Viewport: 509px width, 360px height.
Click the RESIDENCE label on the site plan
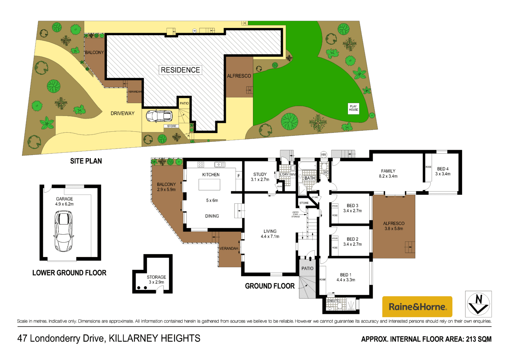coord(180,70)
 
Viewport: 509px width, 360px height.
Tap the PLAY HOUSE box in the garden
coord(353,108)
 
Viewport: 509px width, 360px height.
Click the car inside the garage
coord(63,231)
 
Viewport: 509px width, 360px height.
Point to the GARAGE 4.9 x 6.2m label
coord(64,201)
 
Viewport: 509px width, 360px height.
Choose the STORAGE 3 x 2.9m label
coord(156,280)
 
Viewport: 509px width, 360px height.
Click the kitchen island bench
coord(209,185)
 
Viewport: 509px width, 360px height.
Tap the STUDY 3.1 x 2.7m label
coord(260,177)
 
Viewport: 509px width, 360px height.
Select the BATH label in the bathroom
coord(310,178)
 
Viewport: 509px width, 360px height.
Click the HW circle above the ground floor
coord(324,155)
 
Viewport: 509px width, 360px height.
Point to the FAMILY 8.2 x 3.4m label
coord(388,173)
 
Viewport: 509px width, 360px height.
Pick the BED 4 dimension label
coord(443,171)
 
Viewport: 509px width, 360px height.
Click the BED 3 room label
coord(352,208)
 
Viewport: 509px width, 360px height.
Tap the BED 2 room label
coord(352,241)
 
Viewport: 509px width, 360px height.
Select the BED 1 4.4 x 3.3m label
coord(346,277)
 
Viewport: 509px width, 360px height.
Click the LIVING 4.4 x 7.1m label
coord(270,234)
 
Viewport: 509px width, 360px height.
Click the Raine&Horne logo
coord(417,307)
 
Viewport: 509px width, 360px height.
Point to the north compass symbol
coord(478,304)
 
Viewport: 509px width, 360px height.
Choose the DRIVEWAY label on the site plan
coord(123,113)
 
